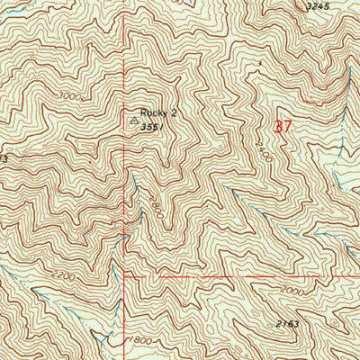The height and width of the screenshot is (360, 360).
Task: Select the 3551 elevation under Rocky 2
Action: click(149, 128)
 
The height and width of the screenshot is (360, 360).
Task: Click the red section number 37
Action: click(282, 128)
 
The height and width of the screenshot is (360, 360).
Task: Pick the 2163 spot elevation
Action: click(287, 321)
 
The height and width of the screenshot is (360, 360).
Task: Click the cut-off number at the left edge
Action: click(4, 159)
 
